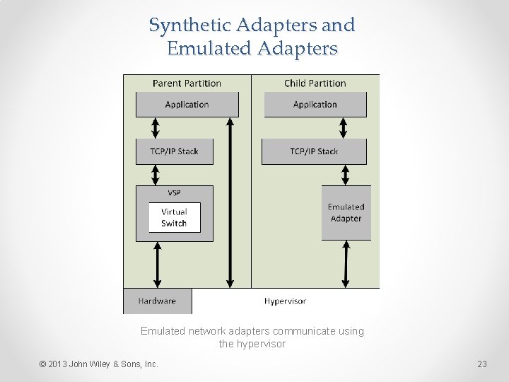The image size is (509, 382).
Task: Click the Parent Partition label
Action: click(x=187, y=83)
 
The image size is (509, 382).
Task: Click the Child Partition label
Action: click(x=315, y=83)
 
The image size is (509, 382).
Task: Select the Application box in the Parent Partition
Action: click(x=187, y=105)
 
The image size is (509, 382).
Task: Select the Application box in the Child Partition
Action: click(x=315, y=105)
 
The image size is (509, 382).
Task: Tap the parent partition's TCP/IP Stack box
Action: click(x=174, y=151)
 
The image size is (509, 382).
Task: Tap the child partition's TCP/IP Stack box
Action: click(x=314, y=151)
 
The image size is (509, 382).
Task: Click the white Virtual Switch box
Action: click(x=174, y=218)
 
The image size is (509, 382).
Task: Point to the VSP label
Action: click(x=174, y=193)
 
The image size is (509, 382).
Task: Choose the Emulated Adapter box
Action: click(x=346, y=213)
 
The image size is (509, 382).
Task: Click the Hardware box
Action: click(x=157, y=301)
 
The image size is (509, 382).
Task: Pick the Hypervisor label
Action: click(x=285, y=301)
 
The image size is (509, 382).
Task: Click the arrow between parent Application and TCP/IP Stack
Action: click(x=156, y=128)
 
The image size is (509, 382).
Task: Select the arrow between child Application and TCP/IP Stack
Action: click(x=344, y=128)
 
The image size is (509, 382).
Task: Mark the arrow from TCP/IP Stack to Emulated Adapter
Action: click(x=346, y=175)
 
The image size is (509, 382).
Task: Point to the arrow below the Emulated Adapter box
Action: click(x=346, y=264)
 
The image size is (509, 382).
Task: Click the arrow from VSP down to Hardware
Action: click(x=157, y=265)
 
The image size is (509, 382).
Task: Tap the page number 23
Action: click(x=482, y=364)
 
